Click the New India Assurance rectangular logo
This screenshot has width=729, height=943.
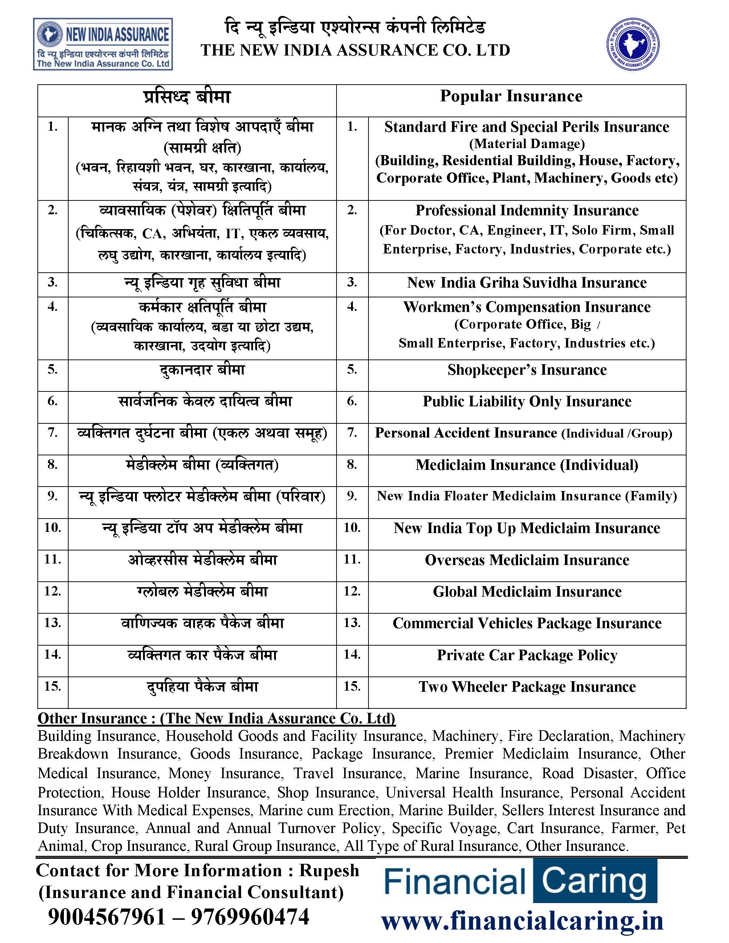[103, 44]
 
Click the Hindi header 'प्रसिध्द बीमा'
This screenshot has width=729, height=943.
[187, 97]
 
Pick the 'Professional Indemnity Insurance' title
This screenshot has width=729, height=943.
[526, 210]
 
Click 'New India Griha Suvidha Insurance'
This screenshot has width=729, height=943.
[526, 283]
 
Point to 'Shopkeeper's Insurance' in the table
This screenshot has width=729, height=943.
[526, 370]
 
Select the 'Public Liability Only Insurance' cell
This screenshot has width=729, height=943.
[526, 401]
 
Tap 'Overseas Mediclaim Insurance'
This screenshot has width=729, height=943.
[526, 560]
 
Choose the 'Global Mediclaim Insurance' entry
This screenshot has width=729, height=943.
[526, 591]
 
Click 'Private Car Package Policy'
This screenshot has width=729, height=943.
[526, 655]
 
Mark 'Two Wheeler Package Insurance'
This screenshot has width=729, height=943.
[526, 687]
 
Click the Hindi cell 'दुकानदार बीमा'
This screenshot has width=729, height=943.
[201, 370]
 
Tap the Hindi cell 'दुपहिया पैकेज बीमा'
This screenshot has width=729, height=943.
[201, 687]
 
